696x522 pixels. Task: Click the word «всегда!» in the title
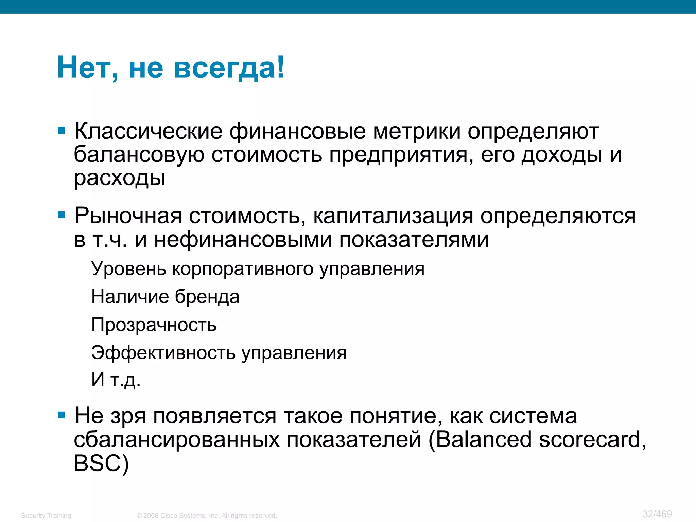(x=229, y=68)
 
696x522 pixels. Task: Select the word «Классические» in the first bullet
(x=148, y=132)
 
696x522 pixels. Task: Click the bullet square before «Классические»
(x=62, y=130)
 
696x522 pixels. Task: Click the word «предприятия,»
(x=401, y=155)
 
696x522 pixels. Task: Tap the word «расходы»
(x=120, y=178)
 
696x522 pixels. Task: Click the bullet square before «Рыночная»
(x=62, y=215)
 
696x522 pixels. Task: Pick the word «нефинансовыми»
(x=243, y=240)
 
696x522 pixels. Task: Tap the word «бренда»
(x=207, y=297)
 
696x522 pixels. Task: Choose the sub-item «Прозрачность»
(x=154, y=325)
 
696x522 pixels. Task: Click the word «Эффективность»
(x=163, y=352)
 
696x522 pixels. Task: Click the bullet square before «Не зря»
(x=62, y=415)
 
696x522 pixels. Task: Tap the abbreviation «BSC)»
(x=101, y=463)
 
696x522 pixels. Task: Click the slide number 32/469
(x=657, y=514)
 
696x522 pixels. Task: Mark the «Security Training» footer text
(x=46, y=516)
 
